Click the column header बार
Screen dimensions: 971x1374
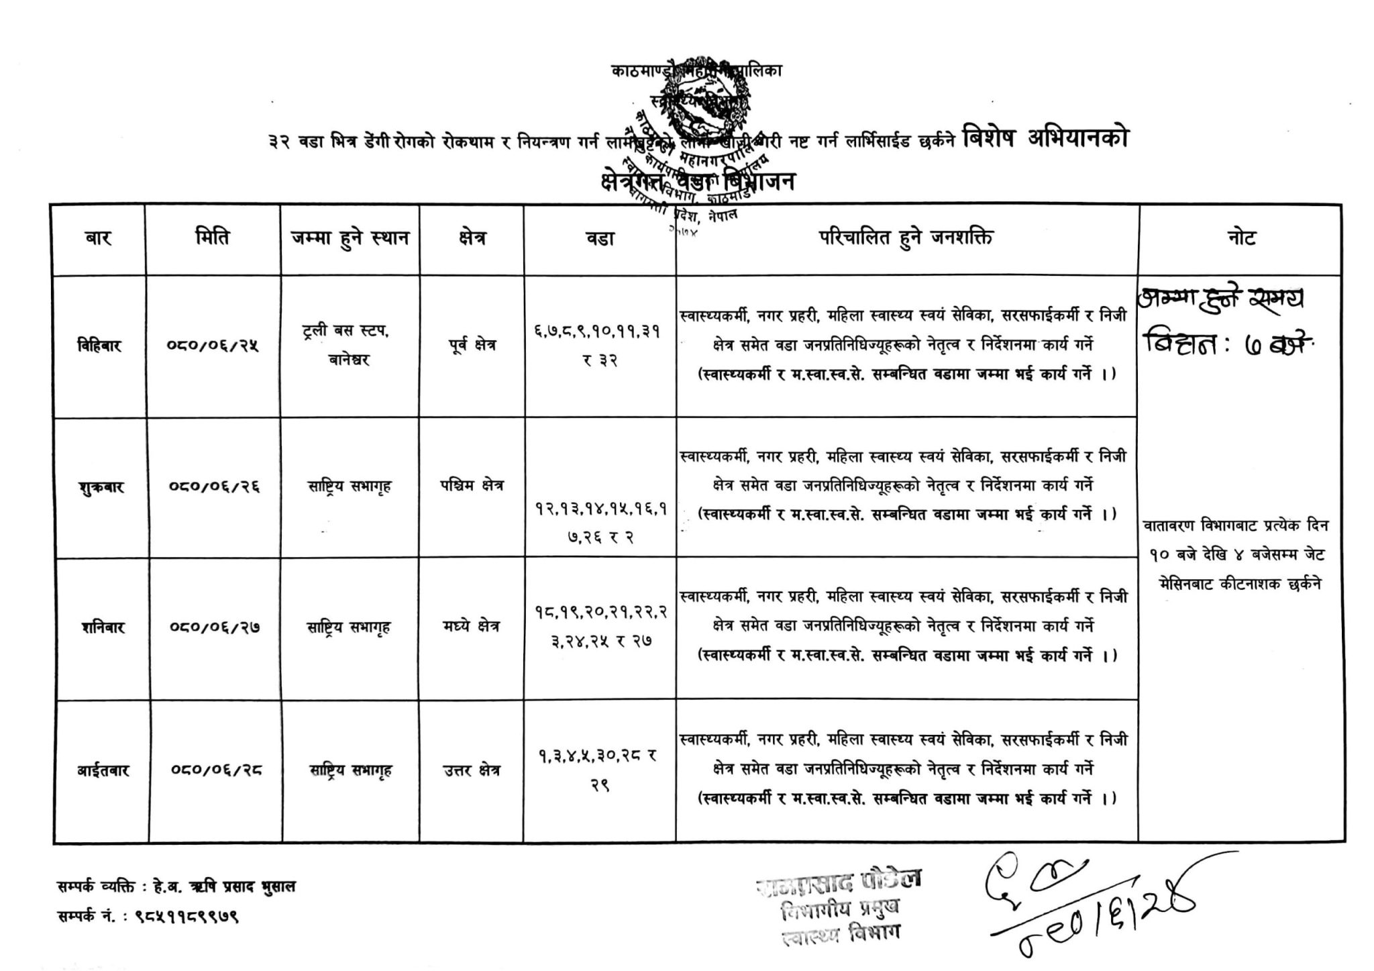98,238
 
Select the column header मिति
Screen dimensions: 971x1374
212,238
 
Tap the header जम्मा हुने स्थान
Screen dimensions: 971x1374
350,238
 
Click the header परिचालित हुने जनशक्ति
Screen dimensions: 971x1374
906,238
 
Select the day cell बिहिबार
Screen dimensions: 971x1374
99,346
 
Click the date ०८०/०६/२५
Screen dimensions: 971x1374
213,346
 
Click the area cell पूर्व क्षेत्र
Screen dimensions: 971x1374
471,346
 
